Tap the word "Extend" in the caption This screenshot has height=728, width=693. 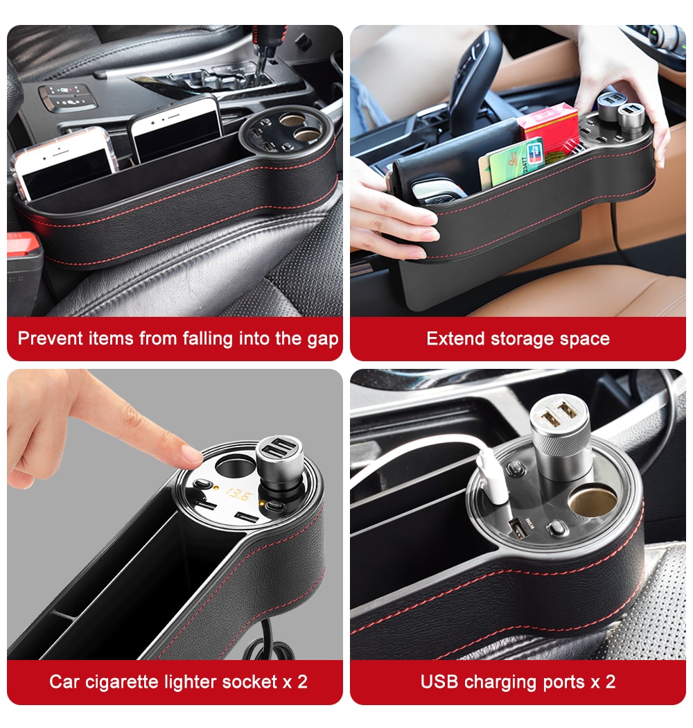[455, 338]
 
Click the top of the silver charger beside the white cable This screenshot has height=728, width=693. [559, 413]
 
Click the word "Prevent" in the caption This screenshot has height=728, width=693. [50, 338]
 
